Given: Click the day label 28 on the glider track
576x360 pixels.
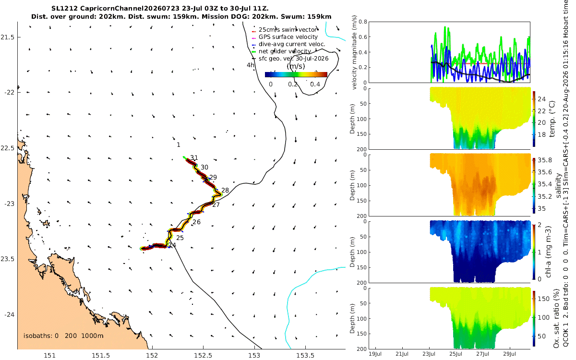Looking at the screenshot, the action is [x=225, y=190].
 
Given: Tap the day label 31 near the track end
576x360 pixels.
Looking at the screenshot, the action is [x=194, y=158].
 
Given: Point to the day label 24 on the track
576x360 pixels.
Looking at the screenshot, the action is [x=172, y=245].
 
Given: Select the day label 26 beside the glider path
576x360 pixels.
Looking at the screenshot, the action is [x=196, y=222].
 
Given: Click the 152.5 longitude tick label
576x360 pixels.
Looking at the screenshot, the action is [x=204, y=355].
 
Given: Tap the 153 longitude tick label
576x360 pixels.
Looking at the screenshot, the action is [x=254, y=355].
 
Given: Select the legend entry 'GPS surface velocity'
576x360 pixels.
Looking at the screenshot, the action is [x=288, y=37].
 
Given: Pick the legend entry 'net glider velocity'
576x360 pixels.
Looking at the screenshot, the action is [x=285, y=51].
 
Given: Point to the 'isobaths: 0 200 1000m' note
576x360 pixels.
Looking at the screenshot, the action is [x=63, y=336].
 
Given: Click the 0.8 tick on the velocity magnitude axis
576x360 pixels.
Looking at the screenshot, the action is [x=363, y=22].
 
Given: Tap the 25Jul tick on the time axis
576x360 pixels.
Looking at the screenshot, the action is [x=456, y=354].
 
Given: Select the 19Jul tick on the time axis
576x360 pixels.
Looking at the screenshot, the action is [x=375, y=354].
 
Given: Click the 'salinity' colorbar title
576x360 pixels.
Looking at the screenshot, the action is [x=558, y=185].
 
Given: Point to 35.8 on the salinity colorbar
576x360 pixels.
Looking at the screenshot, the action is [x=545, y=160].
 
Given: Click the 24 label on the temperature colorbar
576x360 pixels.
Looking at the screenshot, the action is [x=541, y=99].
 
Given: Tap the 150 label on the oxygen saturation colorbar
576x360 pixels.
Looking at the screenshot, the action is [x=543, y=299].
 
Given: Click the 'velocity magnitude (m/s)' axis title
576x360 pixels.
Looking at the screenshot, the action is [x=354, y=52].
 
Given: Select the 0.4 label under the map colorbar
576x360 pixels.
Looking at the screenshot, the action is [x=315, y=84].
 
